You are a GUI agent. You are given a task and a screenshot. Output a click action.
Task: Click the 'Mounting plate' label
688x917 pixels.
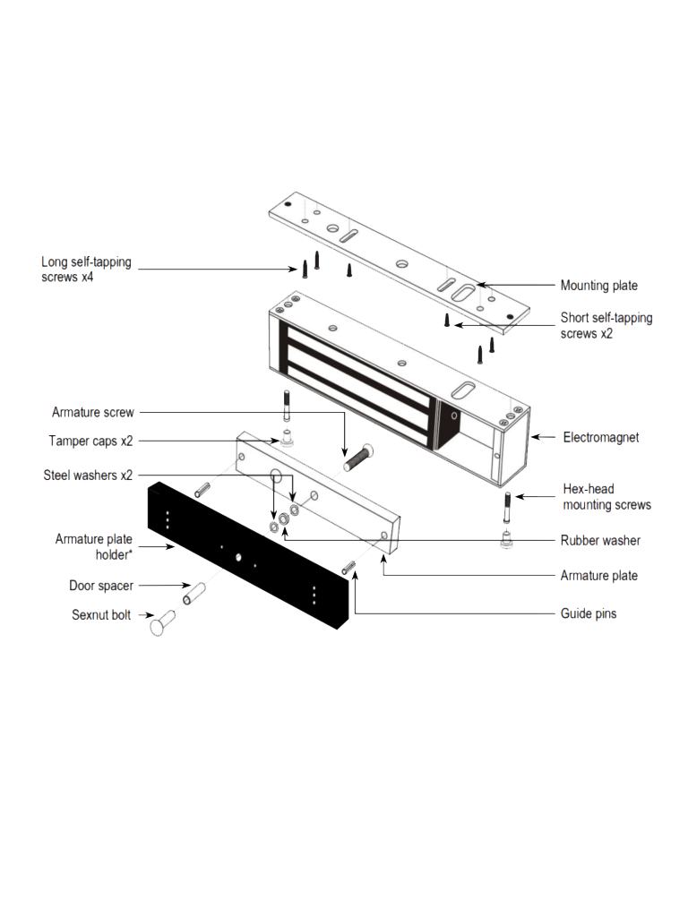[x=598, y=286]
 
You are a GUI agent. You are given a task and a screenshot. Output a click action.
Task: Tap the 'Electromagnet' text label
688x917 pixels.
[x=600, y=438]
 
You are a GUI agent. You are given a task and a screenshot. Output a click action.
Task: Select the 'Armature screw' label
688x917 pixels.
[x=93, y=413]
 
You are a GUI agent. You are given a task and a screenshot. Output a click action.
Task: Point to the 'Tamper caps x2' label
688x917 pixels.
[x=90, y=441]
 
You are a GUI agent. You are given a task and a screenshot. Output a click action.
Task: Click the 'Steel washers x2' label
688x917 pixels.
[x=88, y=475]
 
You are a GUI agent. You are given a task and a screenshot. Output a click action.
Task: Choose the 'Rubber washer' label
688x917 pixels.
[x=600, y=540]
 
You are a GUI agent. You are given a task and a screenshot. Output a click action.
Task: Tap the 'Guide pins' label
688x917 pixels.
[x=588, y=613]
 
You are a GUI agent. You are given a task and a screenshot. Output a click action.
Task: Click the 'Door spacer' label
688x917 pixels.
[x=101, y=586]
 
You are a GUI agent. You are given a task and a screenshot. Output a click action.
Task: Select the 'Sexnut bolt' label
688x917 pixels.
[x=101, y=615]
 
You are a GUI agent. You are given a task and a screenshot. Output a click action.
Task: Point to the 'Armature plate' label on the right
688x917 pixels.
[x=598, y=575]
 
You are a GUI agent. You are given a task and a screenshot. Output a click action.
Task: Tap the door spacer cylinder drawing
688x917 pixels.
[x=195, y=593]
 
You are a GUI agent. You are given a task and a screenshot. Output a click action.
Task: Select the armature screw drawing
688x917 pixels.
[x=357, y=457]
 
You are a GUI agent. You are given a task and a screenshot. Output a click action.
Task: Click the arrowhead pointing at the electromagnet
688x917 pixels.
[x=536, y=437]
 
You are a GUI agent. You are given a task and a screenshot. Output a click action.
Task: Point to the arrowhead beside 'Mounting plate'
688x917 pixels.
[x=480, y=285]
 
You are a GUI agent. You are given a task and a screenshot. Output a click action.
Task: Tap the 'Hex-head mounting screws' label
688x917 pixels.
[x=606, y=497]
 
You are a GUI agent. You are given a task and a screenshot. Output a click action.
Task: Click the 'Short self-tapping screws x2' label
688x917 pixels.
[x=606, y=325]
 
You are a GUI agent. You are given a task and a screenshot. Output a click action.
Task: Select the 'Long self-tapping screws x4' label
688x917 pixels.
[x=86, y=270]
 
